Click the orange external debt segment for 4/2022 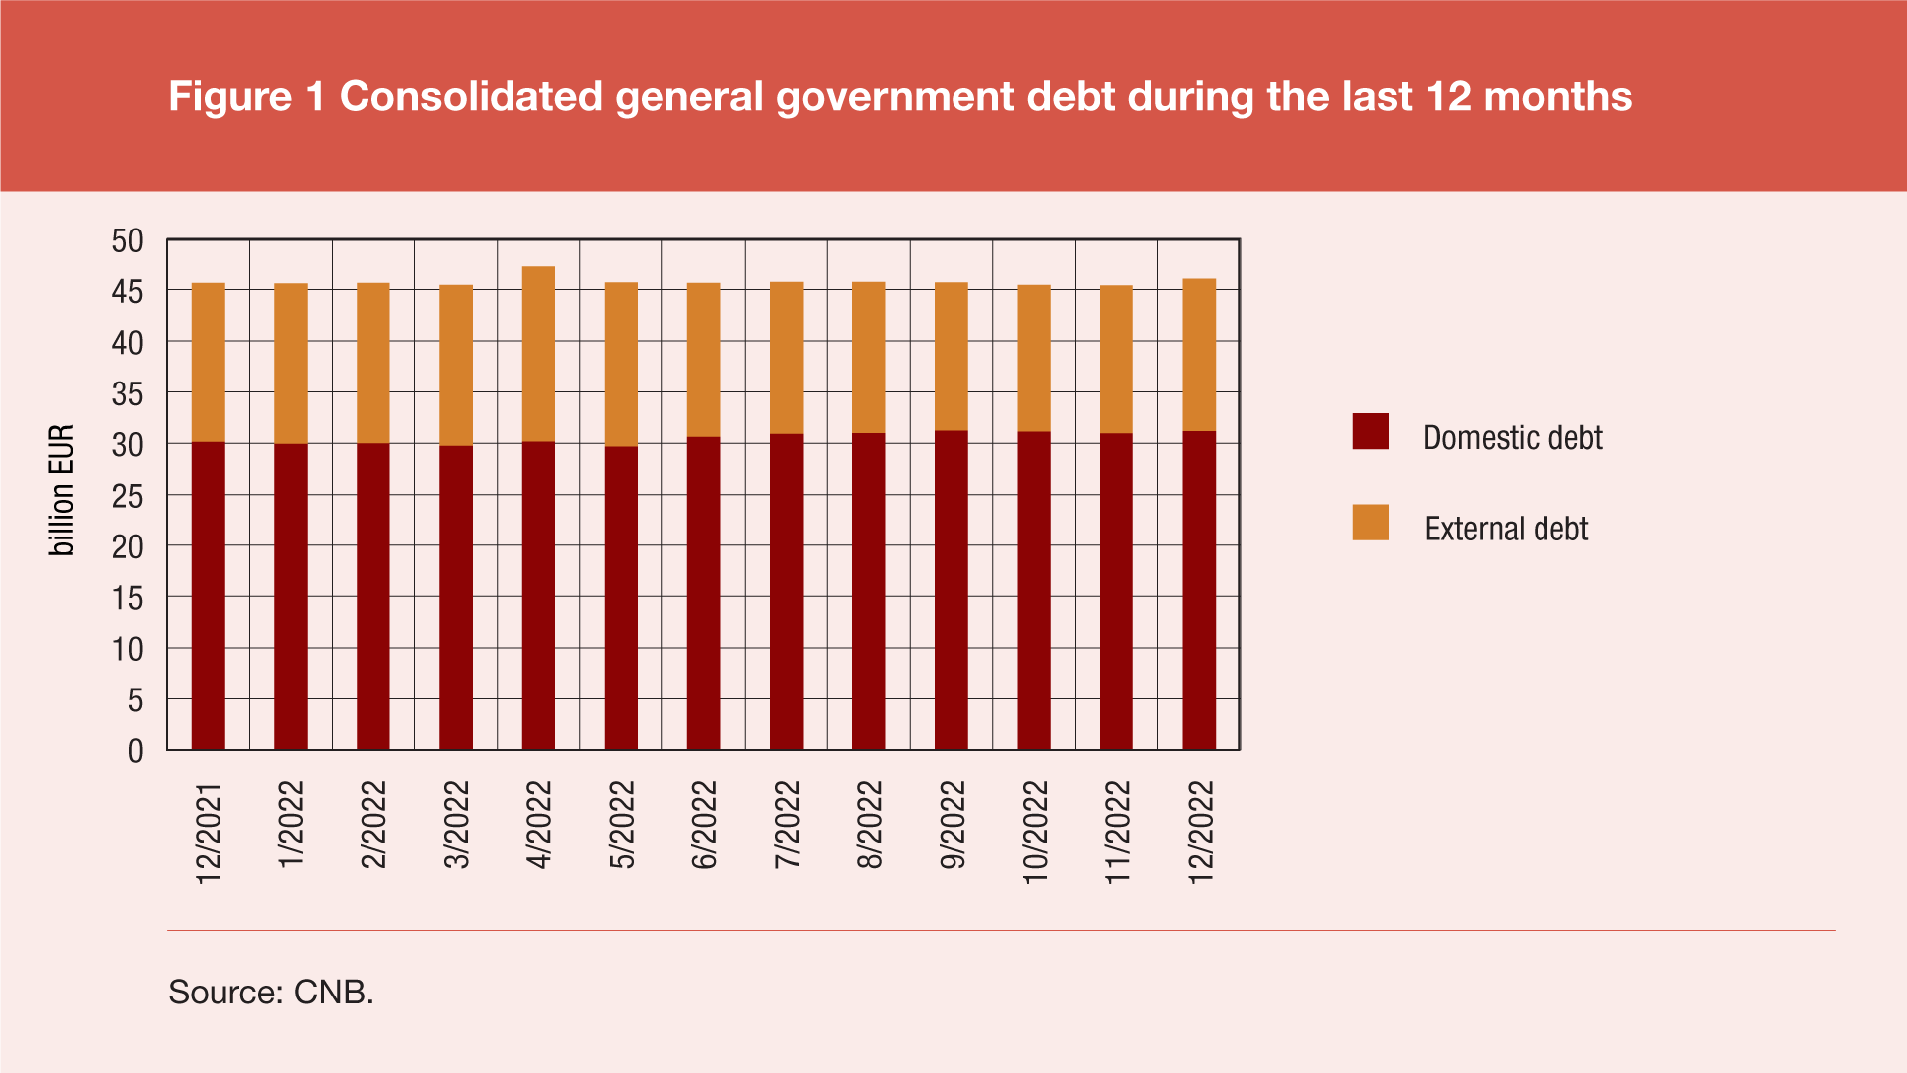538,354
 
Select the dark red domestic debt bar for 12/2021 209,596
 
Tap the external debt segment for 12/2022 1199,355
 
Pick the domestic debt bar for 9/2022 952,590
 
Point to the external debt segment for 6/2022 703,360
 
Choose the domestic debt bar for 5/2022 621,598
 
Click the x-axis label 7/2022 787,825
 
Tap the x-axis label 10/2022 1035,832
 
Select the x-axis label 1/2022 291,825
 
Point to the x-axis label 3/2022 456,825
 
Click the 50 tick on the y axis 128,240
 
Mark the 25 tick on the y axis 128,496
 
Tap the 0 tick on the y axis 136,751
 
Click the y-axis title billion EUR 62,491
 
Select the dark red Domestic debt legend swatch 1370,432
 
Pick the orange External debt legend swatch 1370,523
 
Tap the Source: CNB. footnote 271,992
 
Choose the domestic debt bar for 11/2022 1116,591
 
